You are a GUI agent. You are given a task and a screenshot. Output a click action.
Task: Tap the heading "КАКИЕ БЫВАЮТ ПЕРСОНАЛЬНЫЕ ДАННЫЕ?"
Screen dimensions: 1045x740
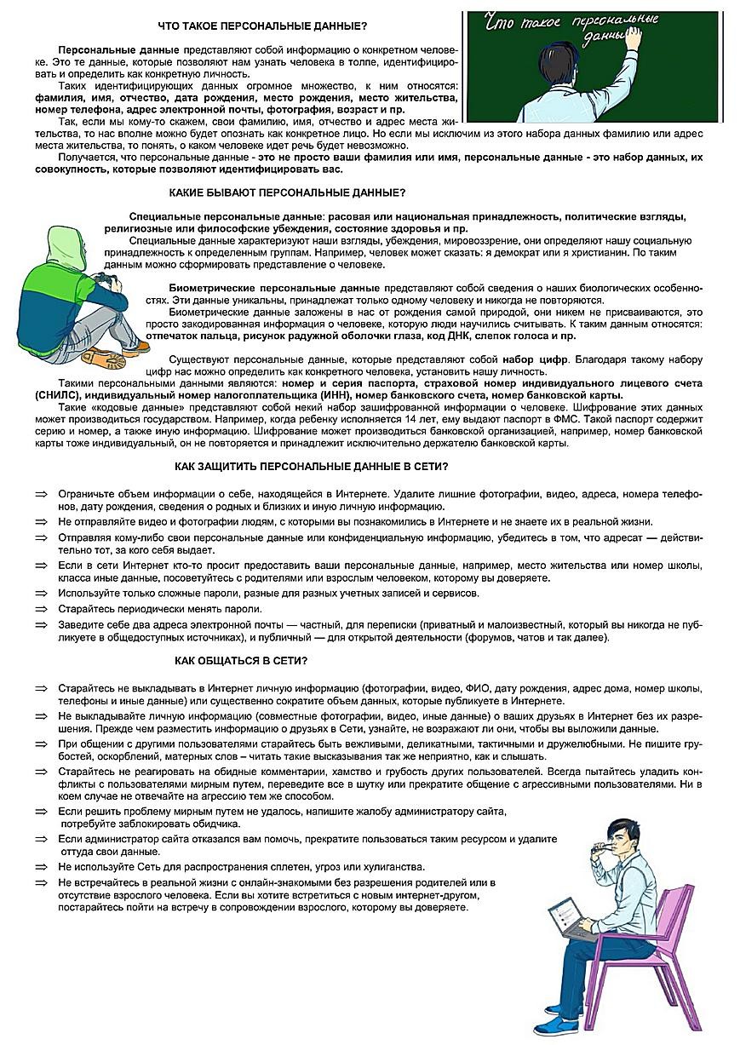pyautogui.click(x=287, y=192)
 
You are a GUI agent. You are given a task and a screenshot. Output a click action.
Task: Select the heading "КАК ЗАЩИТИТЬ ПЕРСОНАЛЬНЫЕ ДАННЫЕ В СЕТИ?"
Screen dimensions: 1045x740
pyautogui.click(x=311, y=467)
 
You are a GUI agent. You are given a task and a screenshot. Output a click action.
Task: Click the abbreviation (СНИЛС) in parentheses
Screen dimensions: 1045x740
pyautogui.click(x=59, y=395)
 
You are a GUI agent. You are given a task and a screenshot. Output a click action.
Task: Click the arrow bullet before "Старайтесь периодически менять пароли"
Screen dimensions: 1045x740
pyautogui.click(x=40, y=609)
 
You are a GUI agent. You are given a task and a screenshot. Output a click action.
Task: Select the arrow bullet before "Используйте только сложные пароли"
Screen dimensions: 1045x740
pyautogui.click(x=40, y=594)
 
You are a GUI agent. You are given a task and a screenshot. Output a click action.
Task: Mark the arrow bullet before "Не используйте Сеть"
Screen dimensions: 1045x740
pyautogui.click(x=40, y=867)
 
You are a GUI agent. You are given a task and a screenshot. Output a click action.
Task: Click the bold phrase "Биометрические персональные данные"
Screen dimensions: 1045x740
pyautogui.click(x=274, y=289)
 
